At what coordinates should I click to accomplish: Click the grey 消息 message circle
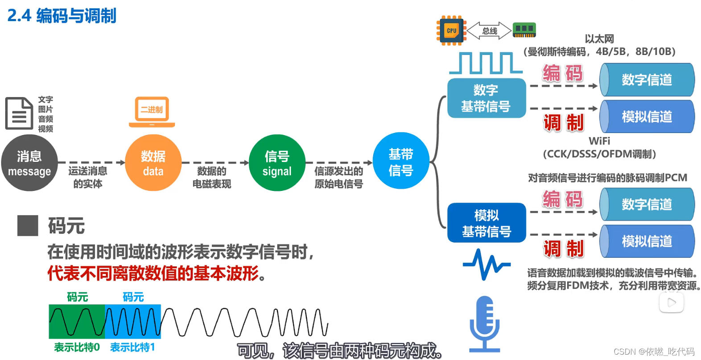tap(29, 163)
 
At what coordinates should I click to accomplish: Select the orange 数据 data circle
tap(153, 163)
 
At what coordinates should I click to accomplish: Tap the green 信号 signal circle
tap(277, 163)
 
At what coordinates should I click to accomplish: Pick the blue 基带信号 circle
tap(401, 161)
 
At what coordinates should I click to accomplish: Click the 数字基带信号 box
tap(486, 98)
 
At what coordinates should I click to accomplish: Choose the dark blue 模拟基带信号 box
tap(486, 223)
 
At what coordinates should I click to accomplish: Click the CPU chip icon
tap(451, 30)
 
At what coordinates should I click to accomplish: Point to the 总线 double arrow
tap(489, 31)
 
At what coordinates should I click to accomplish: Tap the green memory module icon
tap(524, 30)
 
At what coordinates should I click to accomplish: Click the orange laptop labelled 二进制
tap(152, 112)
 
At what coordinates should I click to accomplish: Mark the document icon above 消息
tap(19, 114)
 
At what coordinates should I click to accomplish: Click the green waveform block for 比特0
tap(77, 321)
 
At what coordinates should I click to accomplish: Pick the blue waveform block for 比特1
tap(133, 321)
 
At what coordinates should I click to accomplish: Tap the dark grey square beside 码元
tap(28, 225)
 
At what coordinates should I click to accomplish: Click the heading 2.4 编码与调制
tap(62, 16)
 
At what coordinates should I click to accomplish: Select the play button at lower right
tap(671, 302)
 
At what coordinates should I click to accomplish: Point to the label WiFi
tap(599, 141)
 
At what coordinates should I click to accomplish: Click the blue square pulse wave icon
tap(485, 63)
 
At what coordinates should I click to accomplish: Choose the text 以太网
tap(599, 39)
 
